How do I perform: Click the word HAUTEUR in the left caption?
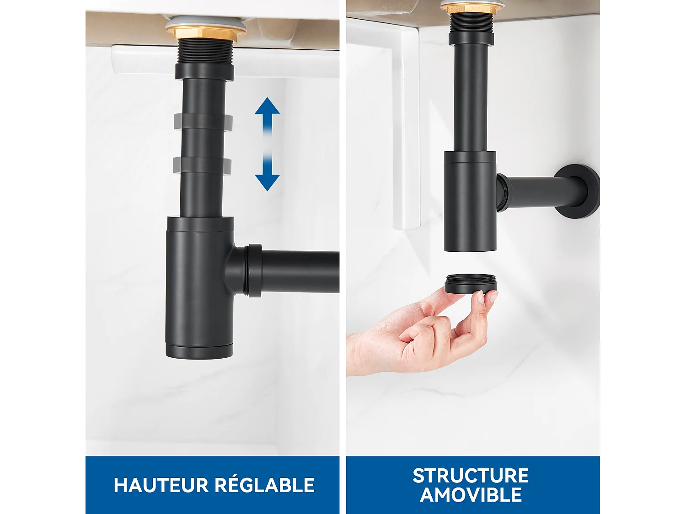[161, 485]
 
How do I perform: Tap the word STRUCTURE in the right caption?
[471, 476]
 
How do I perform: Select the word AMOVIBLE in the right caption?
[471, 495]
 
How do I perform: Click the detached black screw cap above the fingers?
[471, 284]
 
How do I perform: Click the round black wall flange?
[579, 191]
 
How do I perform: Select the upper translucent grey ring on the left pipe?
[203, 121]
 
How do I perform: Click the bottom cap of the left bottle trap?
[199, 352]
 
